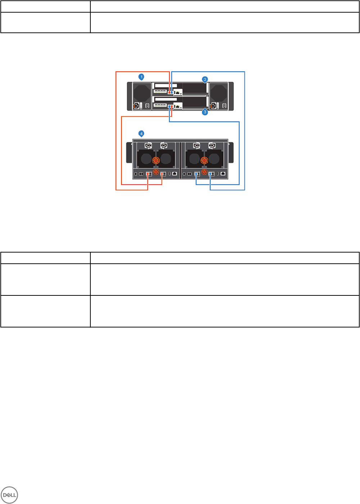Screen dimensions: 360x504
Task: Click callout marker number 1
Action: (x=141, y=77)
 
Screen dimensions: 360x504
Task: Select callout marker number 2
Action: (x=205, y=79)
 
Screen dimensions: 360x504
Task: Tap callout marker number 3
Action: (x=205, y=112)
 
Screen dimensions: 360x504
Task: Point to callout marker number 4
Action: (x=141, y=134)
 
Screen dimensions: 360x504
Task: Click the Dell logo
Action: (x=9, y=494)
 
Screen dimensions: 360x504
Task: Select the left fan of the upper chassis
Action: (x=142, y=93)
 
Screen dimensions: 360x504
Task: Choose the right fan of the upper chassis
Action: (x=219, y=93)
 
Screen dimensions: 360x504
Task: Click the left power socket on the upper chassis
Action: (x=136, y=106)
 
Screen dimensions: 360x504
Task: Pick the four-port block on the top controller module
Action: (x=160, y=91)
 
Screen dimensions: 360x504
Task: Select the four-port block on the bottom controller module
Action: (x=160, y=106)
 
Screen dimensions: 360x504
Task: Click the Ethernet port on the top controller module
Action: (x=177, y=92)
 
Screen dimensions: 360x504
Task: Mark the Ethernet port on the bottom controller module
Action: (x=177, y=106)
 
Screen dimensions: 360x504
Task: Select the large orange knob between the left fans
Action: (x=156, y=160)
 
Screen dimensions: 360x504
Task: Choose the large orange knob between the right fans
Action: (x=204, y=160)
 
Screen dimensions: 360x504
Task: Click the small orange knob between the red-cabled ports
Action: (x=156, y=172)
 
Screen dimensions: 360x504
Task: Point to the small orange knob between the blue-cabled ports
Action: (x=204, y=172)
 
